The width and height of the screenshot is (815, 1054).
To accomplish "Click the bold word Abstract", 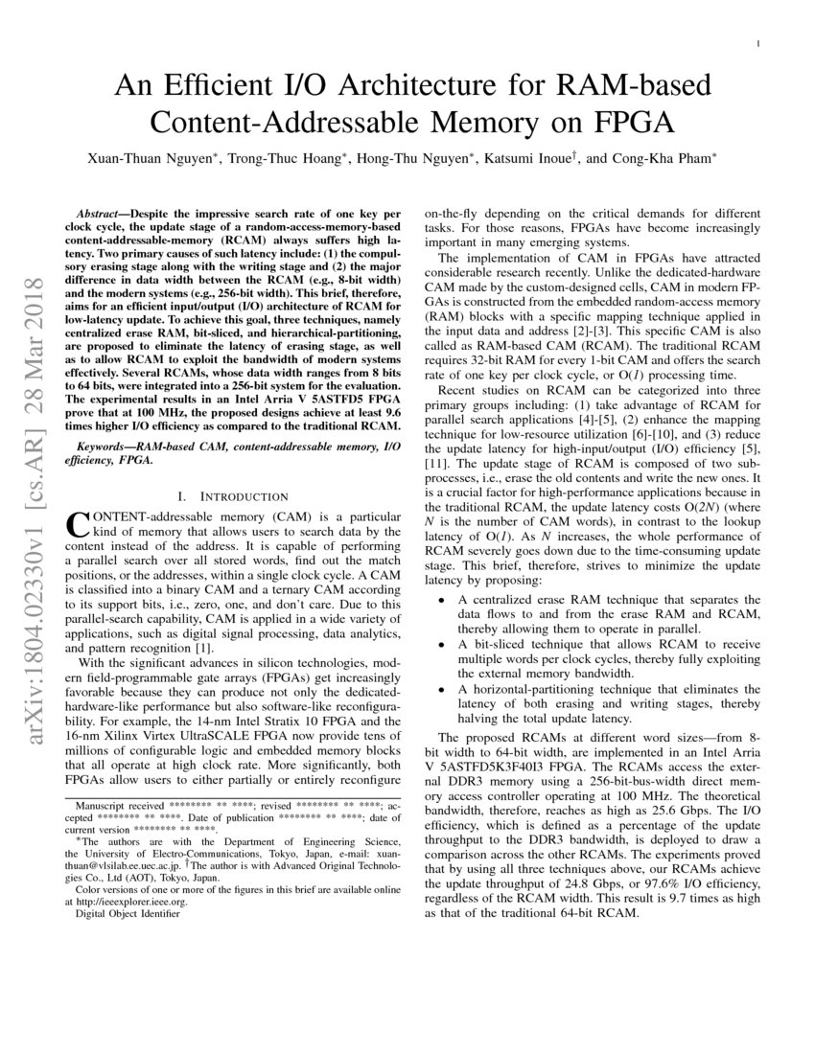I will tap(105, 207).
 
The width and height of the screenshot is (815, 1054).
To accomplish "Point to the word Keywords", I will tap(106, 447).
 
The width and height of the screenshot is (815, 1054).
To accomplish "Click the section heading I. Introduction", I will tap(233, 496).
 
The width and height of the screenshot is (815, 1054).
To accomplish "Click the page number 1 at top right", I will tap(758, 43).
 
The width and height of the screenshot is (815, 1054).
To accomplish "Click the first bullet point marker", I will tap(440, 600).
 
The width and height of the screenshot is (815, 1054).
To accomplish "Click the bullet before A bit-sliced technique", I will tap(440, 644).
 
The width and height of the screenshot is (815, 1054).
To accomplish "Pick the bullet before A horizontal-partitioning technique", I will tap(440, 688).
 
